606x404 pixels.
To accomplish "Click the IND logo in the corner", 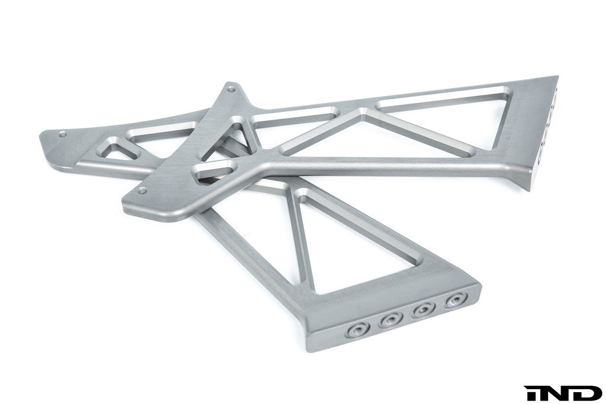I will pyautogui.click(x=562, y=393).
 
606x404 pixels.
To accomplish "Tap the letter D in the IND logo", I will pyautogui.click(x=588, y=393).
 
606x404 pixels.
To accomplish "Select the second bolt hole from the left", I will pyautogui.click(x=391, y=320).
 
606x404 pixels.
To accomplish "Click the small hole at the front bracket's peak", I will pyautogui.click(x=231, y=89).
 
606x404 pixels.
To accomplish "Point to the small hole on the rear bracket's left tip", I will pyautogui.click(x=63, y=134).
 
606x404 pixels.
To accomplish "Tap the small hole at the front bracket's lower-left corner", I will pyautogui.click(x=142, y=191).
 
